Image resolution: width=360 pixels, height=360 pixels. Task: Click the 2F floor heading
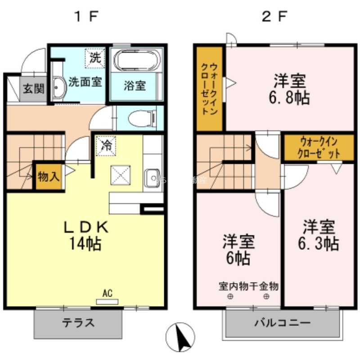pos(274,17)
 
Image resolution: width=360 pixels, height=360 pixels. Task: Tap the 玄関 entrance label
pos(34,88)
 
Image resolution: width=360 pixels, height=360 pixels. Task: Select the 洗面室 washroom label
pos(85,83)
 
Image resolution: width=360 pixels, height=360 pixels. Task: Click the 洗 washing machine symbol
pos(95,58)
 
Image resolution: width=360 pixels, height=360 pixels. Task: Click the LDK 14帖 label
pos(85,236)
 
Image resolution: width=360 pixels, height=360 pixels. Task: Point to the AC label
pos(107,294)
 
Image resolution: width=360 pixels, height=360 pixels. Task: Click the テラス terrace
pos(78,323)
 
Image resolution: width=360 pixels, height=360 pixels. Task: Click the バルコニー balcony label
pos(282,323)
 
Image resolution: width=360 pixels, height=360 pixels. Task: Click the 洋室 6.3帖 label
pos(318,234)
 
